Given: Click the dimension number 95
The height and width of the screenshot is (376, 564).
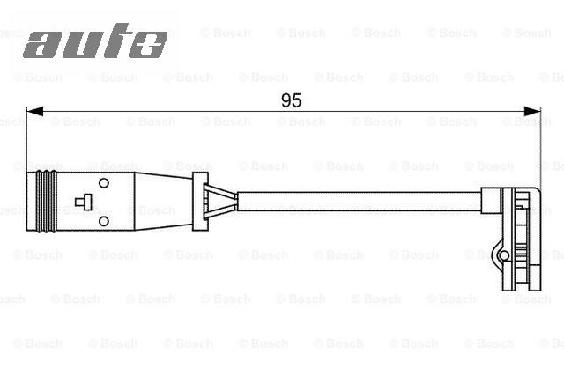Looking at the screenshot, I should pos(291,100).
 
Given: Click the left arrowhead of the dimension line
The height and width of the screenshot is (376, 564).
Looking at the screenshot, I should pos(33,112).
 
